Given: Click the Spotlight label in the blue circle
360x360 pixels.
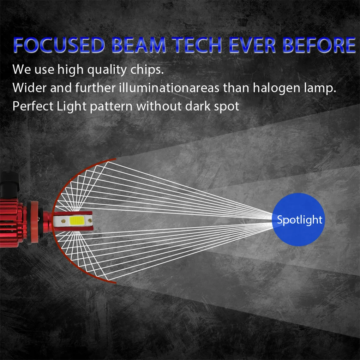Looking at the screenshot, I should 299,220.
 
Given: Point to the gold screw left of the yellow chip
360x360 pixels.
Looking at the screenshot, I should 62,222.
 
